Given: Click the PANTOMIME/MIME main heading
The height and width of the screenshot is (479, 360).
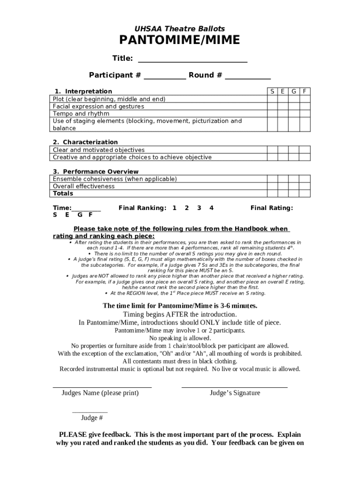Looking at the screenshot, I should pos(180,41).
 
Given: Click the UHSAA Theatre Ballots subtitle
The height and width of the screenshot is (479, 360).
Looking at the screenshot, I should pos(180,29).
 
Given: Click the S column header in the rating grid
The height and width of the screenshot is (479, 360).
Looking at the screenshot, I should pos(272,91).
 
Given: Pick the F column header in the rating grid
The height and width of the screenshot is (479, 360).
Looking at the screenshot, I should pos(305,91).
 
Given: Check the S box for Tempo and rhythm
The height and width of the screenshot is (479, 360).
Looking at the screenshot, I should pos(272,114).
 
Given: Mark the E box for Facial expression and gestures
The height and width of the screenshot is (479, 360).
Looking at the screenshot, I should pos(283,107).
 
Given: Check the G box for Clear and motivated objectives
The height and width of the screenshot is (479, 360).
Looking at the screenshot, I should pos(294,150).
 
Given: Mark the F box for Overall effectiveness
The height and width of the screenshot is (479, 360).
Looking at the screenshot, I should pos(305,186).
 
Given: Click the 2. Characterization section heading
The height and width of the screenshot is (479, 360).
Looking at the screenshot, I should pos(85,142).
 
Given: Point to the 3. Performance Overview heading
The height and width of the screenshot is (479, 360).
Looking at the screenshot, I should pos(95,172).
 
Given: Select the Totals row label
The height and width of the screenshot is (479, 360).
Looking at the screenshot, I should pos(63,194).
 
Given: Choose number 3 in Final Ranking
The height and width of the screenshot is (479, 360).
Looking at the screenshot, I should pos(199,208).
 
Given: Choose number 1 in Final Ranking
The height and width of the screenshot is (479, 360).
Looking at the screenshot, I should pos(174,208).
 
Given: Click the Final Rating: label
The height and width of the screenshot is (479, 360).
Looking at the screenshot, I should pos(272,208).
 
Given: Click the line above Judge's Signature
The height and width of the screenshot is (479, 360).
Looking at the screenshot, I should pos(234,387).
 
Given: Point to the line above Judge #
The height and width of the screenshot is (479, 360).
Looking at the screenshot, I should pos(90,412).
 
